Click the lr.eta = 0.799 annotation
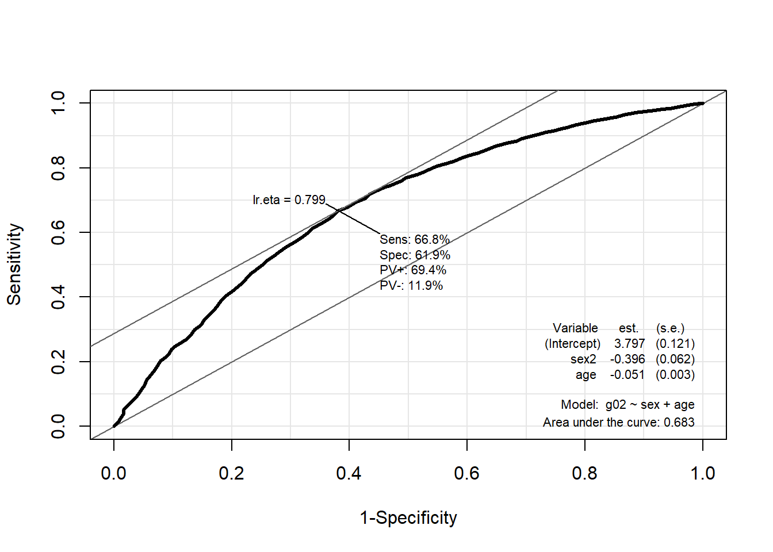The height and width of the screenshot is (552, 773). pos(289,200)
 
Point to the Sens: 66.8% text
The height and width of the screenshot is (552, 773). pos(415,240)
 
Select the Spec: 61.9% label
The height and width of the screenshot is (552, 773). pos(415,255)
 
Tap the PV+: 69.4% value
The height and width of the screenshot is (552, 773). pos(413,270)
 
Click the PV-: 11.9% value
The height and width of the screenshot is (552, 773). pos(411,286)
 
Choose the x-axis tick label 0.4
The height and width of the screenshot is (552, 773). pos(349,473)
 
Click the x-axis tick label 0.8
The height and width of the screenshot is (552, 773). pos(584,473)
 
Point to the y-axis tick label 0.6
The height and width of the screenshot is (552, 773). pos(58,232)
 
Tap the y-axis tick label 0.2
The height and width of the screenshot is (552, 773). pos(58,362)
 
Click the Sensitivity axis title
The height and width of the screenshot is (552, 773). pos(14,264)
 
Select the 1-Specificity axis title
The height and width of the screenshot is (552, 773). pos(408,517)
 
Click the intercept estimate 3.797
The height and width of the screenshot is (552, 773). pos(629,344)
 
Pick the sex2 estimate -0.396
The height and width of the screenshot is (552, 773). pos(627,359)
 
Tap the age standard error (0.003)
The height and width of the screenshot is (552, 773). pos(675,375)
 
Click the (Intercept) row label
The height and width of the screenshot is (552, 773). pos(572,344)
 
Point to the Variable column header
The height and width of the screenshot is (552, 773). pos(575,328)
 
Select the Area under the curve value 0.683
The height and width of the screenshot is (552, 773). pos(679,423)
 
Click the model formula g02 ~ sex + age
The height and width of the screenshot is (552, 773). pos(650,405)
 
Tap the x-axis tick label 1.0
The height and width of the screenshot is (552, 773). pos(702,473)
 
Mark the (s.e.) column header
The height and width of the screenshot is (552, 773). pos(670,328)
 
